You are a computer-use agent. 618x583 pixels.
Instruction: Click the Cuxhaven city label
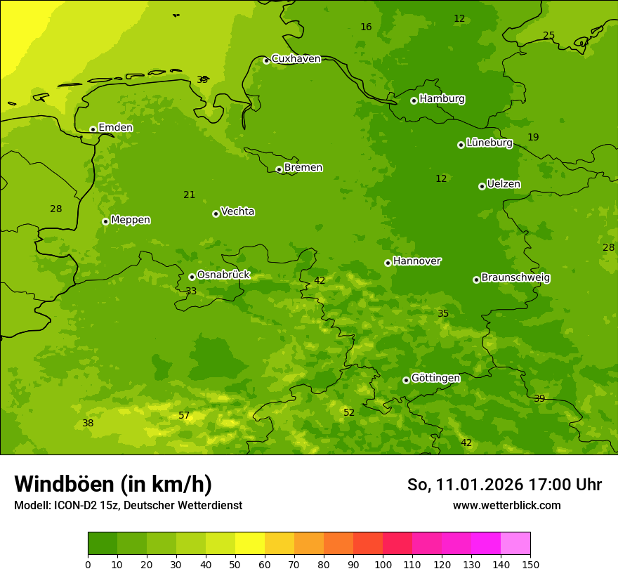tap(296, 59)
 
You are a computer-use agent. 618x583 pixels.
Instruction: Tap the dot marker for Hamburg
tap(414, 100)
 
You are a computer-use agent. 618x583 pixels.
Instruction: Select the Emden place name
tap(115, 128)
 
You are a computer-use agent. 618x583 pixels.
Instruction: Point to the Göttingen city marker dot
tap(406, 380)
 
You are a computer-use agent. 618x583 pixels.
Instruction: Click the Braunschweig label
tap(515, 278)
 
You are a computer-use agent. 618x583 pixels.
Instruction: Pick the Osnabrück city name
tap(223, 275)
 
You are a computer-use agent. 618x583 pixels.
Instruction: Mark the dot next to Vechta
tap(216, 214)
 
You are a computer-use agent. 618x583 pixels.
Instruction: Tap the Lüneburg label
tap(489, 143)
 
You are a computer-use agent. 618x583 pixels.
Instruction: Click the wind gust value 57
tap(184, 416)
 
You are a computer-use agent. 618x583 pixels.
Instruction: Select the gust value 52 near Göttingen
tap(349, 413)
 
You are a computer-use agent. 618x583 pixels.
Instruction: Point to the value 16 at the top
tap(366, 27)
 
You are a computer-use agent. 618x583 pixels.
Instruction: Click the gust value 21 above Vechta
tap(189, 195)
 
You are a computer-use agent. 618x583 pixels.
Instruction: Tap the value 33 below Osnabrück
tap(191, 291)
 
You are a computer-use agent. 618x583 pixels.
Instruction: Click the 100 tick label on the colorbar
tap(383, 564)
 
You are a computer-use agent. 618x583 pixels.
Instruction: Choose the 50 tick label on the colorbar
tap(235, 564)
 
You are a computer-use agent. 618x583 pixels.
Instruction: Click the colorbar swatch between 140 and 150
tap(515, 544)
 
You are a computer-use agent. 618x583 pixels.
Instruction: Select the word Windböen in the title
tap(63, 484)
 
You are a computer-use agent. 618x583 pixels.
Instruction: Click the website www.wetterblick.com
tap(506, 505)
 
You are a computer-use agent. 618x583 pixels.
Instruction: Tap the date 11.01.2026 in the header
tap(479, 485)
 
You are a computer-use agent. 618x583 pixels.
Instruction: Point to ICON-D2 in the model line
tap(75, 505)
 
